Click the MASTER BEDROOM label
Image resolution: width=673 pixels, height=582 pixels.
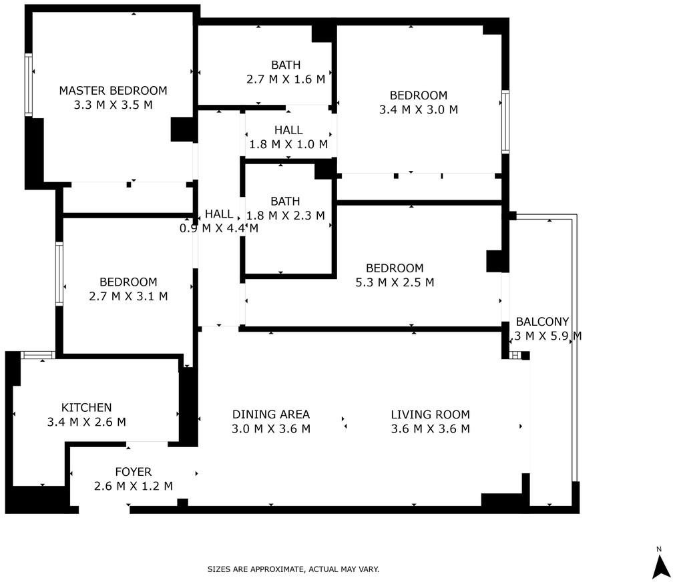[x=113, y=91]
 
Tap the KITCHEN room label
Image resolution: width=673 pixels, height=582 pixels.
[x=86, y=407]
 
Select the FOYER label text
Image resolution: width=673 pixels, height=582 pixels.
[x=133, y=472]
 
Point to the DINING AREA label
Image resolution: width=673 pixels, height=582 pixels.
[x=271, y=414]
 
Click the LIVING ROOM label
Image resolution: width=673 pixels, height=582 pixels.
[x=430, y=414]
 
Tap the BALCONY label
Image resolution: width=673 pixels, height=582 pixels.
[x=542, y=322]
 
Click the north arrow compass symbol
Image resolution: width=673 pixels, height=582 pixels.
[x=659, y=563]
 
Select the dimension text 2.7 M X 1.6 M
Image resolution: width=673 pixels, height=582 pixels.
[x=286, y=79]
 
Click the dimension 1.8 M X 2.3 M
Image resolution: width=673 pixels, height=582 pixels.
[x=286, y=215]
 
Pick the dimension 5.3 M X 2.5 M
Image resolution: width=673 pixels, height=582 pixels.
[x=395, y=282]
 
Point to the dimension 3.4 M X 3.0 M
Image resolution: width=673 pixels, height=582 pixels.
[x=419, y=109]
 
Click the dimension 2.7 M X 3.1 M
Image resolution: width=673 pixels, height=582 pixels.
[x=128, y=296]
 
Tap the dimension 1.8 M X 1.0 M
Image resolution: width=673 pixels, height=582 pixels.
[x=288, y=143]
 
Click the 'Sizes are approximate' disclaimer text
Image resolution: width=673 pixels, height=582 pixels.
[x=293, y=569]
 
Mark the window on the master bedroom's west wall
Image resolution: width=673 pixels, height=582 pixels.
[x=29, y=85]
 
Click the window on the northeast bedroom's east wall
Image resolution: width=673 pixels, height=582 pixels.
[x=505, y=122]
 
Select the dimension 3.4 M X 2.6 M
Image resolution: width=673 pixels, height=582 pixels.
[x=86, y=422]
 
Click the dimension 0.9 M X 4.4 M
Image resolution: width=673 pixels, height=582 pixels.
[x=219, y=228]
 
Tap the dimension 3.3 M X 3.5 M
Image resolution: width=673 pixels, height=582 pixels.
[x=113, y=105]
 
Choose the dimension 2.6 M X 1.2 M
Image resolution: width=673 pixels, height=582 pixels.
[x=133, y=486]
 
